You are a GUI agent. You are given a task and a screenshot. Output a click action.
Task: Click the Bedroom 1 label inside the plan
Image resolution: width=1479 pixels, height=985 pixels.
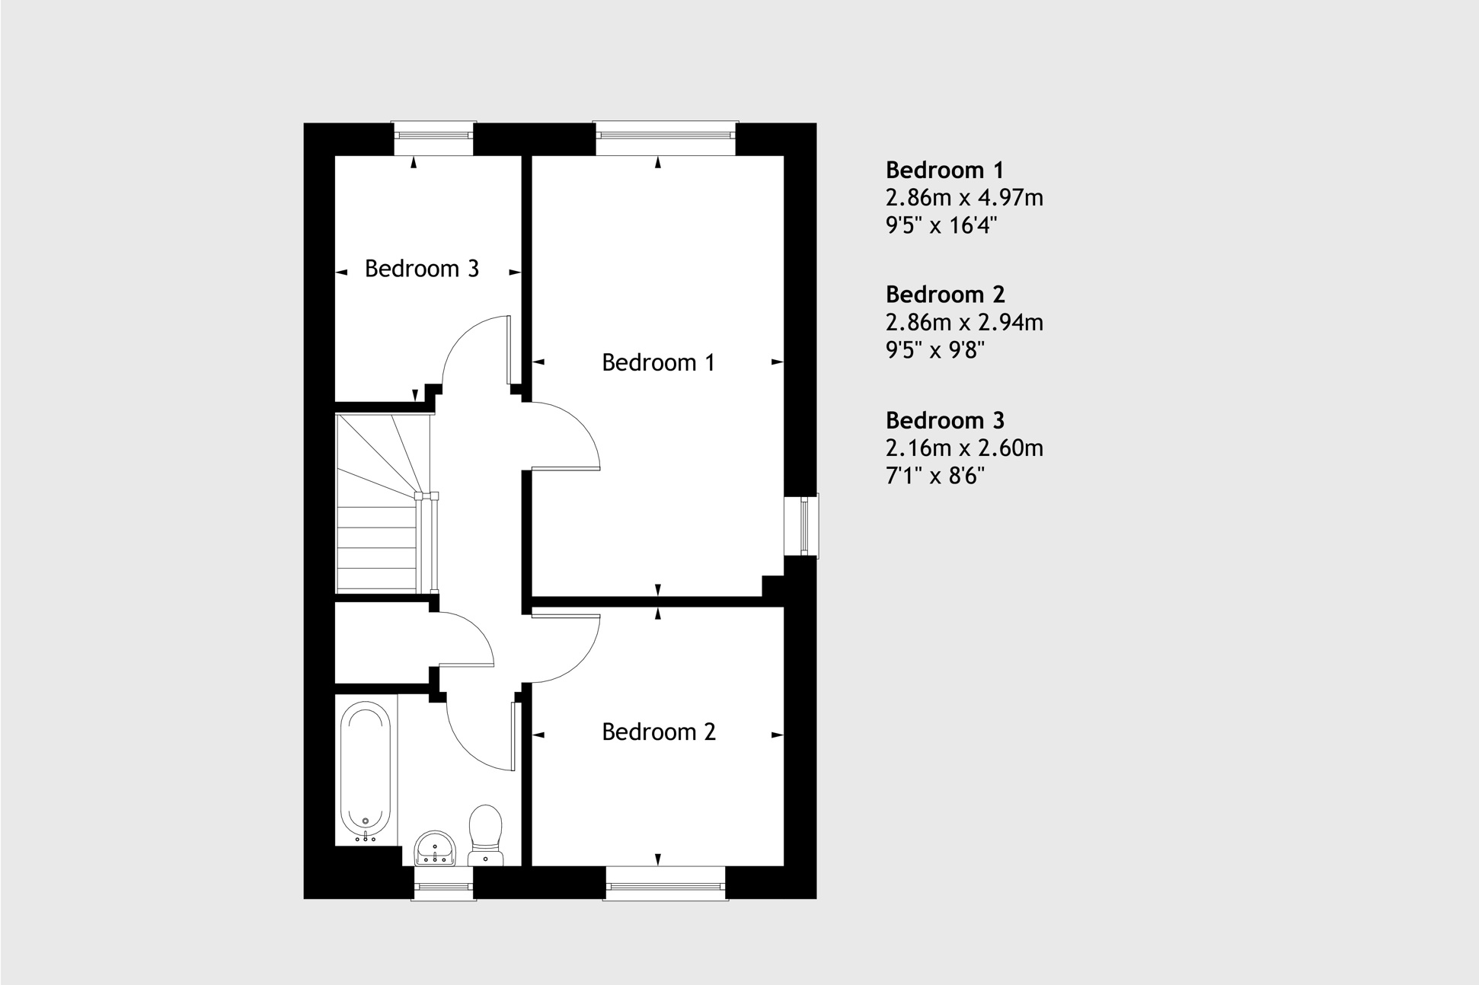coord(658,362)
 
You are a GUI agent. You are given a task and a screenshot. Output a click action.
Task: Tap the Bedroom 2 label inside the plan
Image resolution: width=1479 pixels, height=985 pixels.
coord(658,732)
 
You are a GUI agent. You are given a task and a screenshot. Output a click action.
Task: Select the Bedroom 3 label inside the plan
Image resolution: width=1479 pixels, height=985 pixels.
coord(421,268)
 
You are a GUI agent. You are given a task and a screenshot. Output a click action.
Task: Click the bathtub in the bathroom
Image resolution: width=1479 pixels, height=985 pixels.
coord(366,770)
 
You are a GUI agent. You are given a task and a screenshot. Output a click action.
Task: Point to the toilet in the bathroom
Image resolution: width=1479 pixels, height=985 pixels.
coord(485,833)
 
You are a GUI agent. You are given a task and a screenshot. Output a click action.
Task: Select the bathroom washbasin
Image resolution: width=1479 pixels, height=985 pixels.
coord(435,848)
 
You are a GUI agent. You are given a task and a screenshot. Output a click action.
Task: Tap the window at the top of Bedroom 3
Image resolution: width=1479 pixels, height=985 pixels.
coord(434,135)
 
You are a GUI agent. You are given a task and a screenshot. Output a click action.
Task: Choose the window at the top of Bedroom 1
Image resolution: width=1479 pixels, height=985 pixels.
coord(666,135)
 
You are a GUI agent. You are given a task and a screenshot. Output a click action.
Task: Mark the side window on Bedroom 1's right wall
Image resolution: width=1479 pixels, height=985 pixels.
coord(803,526)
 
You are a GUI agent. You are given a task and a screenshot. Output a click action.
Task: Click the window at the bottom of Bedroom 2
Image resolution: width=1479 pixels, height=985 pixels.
coord(666,886)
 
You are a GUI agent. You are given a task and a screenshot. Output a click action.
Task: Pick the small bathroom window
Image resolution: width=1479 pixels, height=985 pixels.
coord(443,886)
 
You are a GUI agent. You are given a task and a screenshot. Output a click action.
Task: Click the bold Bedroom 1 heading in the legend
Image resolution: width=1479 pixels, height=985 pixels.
coord(944,170)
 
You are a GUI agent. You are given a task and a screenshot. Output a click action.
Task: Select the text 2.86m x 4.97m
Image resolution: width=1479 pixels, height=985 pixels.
coord(964,198)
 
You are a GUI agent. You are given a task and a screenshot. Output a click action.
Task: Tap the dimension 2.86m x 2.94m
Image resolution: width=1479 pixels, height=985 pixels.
coord(964,323)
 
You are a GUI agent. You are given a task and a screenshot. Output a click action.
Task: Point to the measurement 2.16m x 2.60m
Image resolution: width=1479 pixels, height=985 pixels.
coord(964,448)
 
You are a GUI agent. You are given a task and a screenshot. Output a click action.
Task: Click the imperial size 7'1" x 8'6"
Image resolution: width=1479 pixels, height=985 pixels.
coord(934,477)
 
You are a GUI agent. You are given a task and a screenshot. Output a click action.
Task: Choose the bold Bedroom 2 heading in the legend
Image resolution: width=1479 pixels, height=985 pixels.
coord(945,295)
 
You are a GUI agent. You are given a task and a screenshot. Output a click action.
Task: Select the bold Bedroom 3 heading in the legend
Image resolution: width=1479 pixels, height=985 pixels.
coord(945,420)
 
